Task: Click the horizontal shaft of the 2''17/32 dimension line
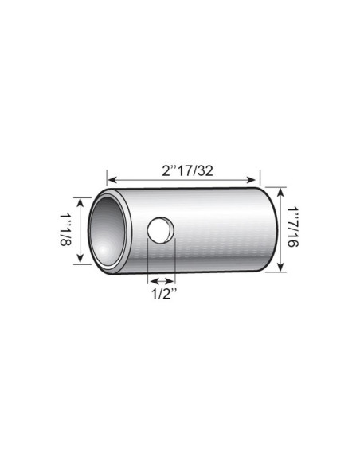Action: coord(183,180)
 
